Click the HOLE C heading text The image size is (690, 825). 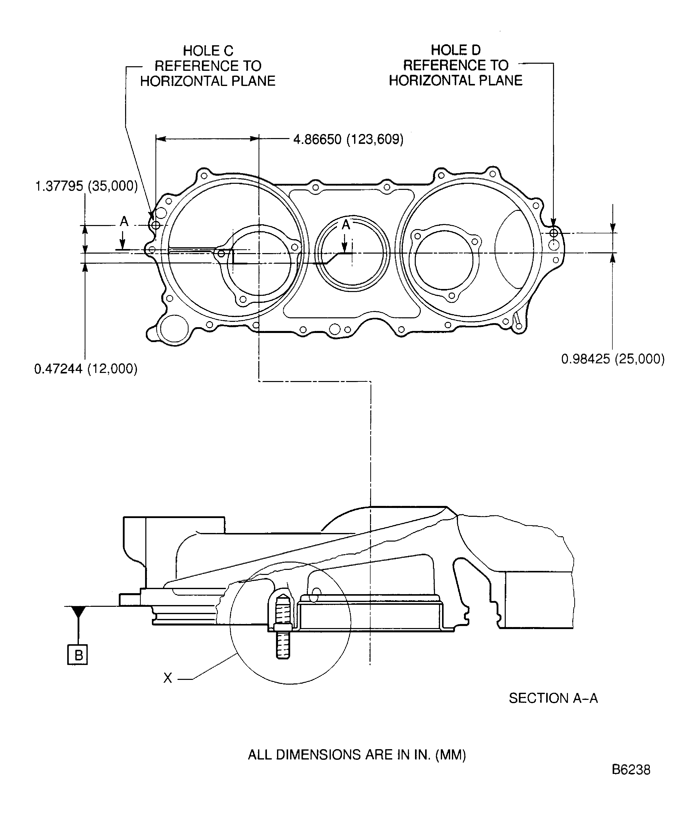[208, 51]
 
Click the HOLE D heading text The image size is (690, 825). [455, 50]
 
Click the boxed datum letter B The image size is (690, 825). [78, 655]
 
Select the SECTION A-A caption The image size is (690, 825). [553, 698]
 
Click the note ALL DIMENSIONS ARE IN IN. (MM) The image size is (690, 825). [357, 755]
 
